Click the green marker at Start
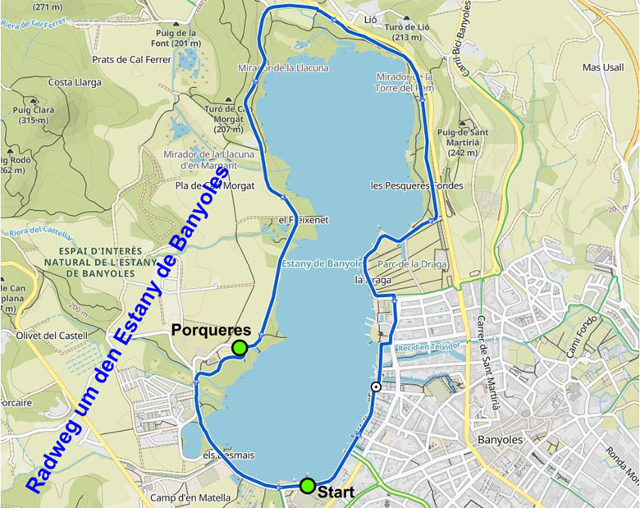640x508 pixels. [307, 486]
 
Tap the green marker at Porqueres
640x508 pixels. [240, 348]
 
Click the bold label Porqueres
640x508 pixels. [211, 330]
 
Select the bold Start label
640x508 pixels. [336, 493]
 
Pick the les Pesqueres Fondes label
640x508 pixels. [417, 185]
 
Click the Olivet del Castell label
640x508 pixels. [50, 336]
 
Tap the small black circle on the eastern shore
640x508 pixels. [376, 387]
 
